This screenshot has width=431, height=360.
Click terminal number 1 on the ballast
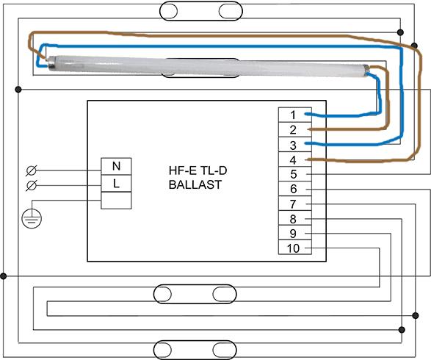295,115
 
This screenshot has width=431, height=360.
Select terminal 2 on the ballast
295,129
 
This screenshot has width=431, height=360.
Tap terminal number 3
295,145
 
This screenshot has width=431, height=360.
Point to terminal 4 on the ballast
295,159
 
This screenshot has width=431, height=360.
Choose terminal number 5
295,174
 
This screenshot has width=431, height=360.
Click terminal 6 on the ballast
295,189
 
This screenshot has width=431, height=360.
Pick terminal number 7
295,204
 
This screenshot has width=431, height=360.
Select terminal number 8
295,218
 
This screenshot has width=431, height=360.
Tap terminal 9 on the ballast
295,233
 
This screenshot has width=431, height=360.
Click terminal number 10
295,248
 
